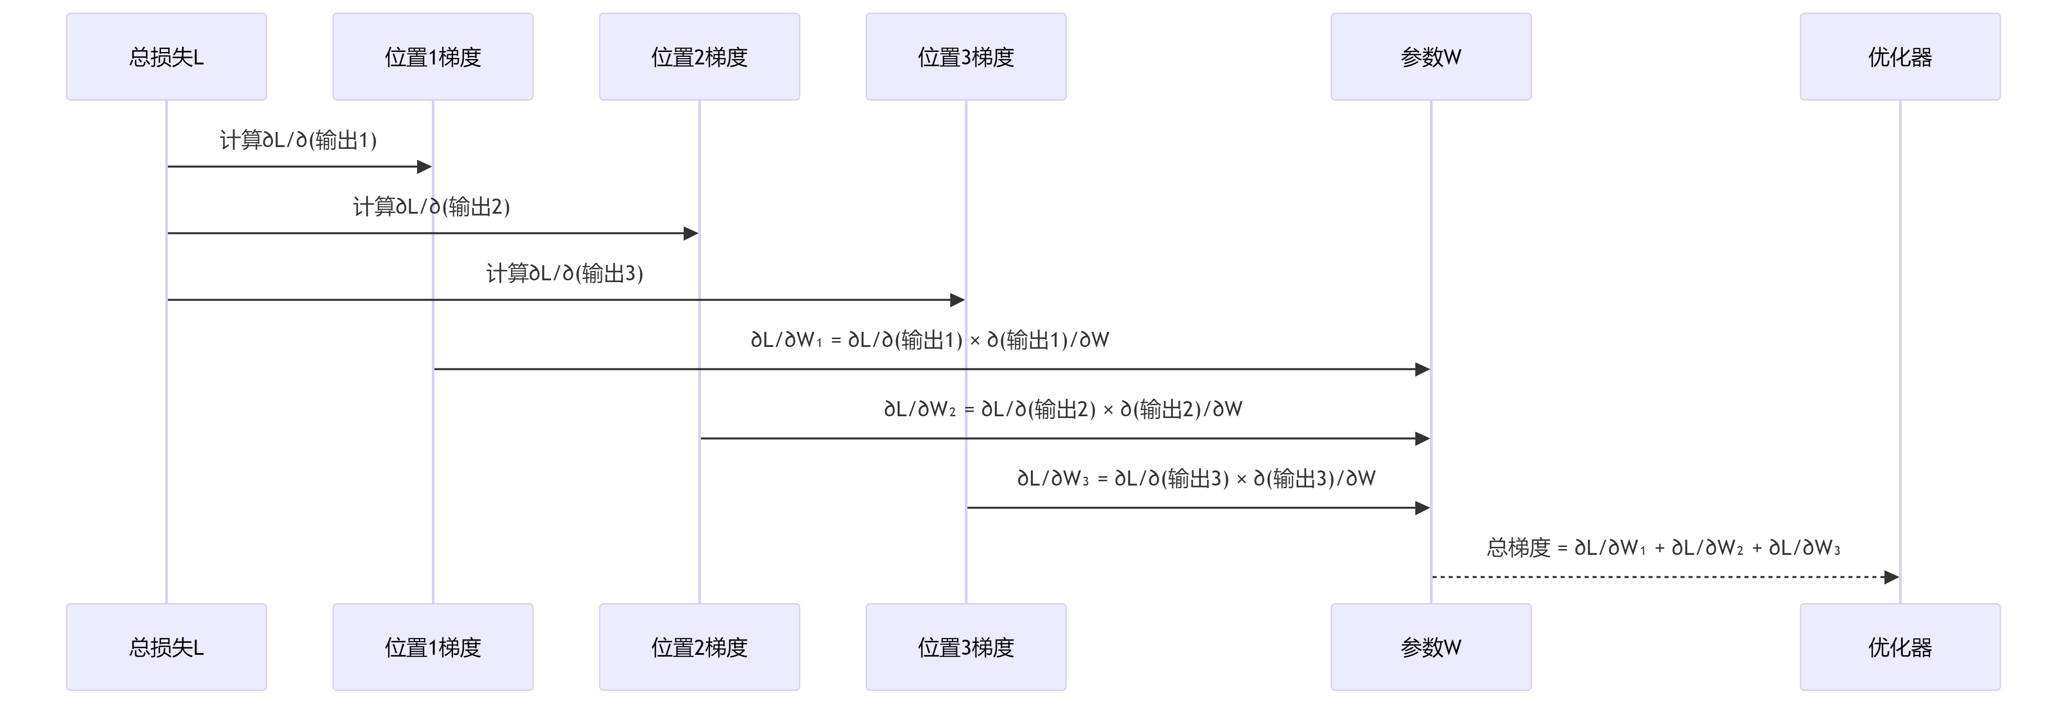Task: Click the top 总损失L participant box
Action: click(166, 57)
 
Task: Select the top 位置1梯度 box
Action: click(433, 57)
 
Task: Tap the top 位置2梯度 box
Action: click(699, 57)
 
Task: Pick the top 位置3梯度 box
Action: click(965, 57)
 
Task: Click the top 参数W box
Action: click(1431, 57)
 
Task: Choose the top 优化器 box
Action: click(1899, 57)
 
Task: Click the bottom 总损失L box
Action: click(166, 647)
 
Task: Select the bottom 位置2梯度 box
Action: click(699, 647)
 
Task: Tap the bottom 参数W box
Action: click(1431, 647)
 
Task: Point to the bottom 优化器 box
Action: click(1899, 647)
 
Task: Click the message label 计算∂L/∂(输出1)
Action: click(299, 140)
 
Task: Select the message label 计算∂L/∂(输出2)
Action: click(432, 207)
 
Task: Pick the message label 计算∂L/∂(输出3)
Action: click(565, 274)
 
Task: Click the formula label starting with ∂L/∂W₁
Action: click(930, 340)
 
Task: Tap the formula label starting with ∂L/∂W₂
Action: click(1063, 409)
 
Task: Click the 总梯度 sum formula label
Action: click(1663, 548)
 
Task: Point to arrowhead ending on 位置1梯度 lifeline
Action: click(425, 167)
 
